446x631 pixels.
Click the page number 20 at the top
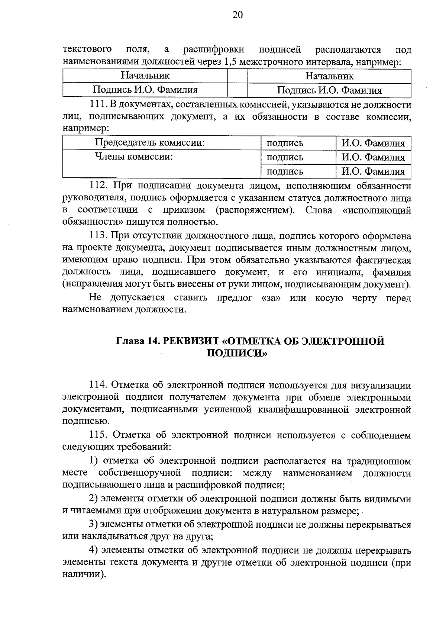237,15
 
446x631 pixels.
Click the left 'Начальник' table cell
145,76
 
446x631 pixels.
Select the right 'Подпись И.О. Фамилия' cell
329,90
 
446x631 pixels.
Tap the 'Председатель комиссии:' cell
150,143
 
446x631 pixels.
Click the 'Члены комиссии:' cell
134,157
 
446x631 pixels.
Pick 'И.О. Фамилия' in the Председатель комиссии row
373,143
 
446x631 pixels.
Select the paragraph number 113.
98,236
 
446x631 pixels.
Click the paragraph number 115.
98,435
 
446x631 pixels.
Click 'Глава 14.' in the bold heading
137,341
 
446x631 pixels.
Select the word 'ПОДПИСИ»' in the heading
237,353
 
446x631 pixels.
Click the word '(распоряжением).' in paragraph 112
255,210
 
